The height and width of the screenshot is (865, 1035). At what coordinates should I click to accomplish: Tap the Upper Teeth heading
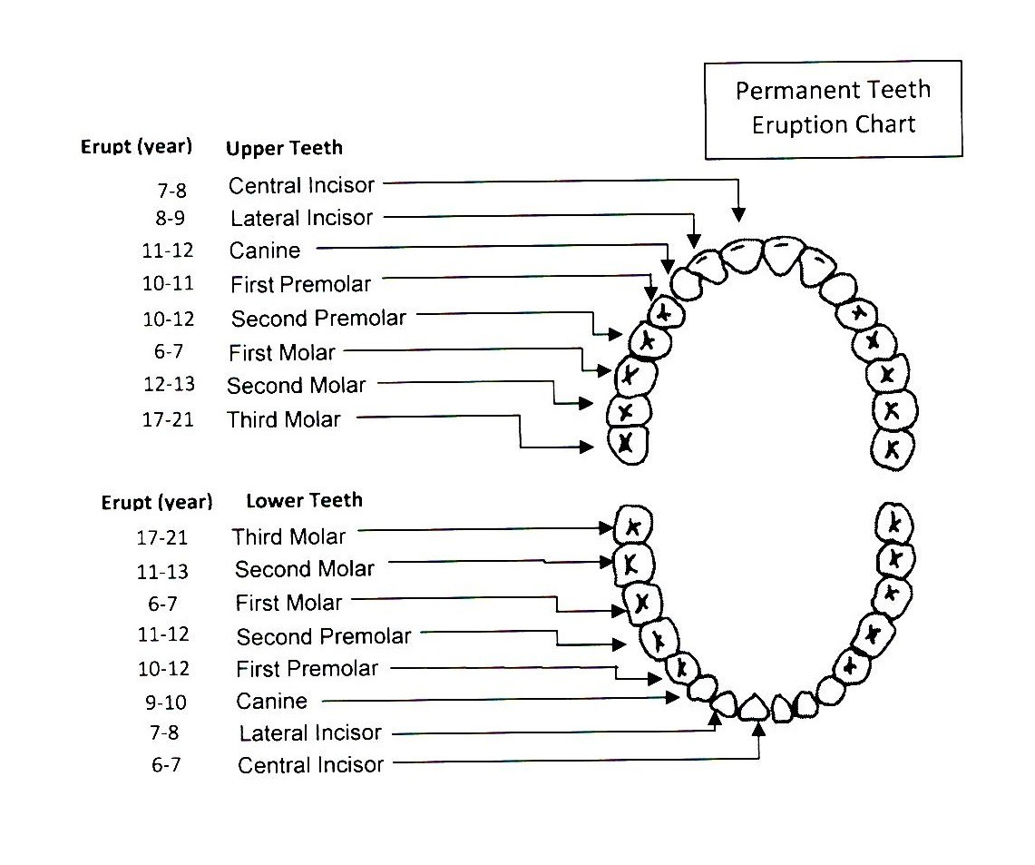284,148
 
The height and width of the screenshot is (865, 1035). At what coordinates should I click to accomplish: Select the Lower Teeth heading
304,500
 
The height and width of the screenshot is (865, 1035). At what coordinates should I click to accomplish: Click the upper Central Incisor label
302,185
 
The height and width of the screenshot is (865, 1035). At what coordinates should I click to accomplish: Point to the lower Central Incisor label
311,765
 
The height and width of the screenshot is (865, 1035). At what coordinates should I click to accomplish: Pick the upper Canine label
265,251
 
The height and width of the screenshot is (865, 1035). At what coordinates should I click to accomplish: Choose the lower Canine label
272,701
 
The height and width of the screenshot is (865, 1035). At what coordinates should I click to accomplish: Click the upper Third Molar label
284,419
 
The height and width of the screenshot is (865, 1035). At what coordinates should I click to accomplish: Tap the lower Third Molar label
288,536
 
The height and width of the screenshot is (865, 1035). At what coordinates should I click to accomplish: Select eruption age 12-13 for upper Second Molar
169,384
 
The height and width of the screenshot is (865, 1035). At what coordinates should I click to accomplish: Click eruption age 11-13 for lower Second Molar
162,571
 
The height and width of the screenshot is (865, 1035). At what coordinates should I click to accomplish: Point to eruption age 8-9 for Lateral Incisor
171,218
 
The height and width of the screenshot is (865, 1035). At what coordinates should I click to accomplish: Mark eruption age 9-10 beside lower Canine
166,702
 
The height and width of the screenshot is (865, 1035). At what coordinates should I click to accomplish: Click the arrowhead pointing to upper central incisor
738,214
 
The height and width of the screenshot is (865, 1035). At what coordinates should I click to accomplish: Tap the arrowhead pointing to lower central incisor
759,730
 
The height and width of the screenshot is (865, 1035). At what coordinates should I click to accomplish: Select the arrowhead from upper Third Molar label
586,447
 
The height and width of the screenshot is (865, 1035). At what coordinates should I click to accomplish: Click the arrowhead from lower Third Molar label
607,527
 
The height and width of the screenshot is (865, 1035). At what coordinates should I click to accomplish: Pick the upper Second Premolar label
318,319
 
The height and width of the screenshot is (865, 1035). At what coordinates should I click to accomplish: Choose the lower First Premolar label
307,669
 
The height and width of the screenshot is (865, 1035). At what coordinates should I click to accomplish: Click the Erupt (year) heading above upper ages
137,147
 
